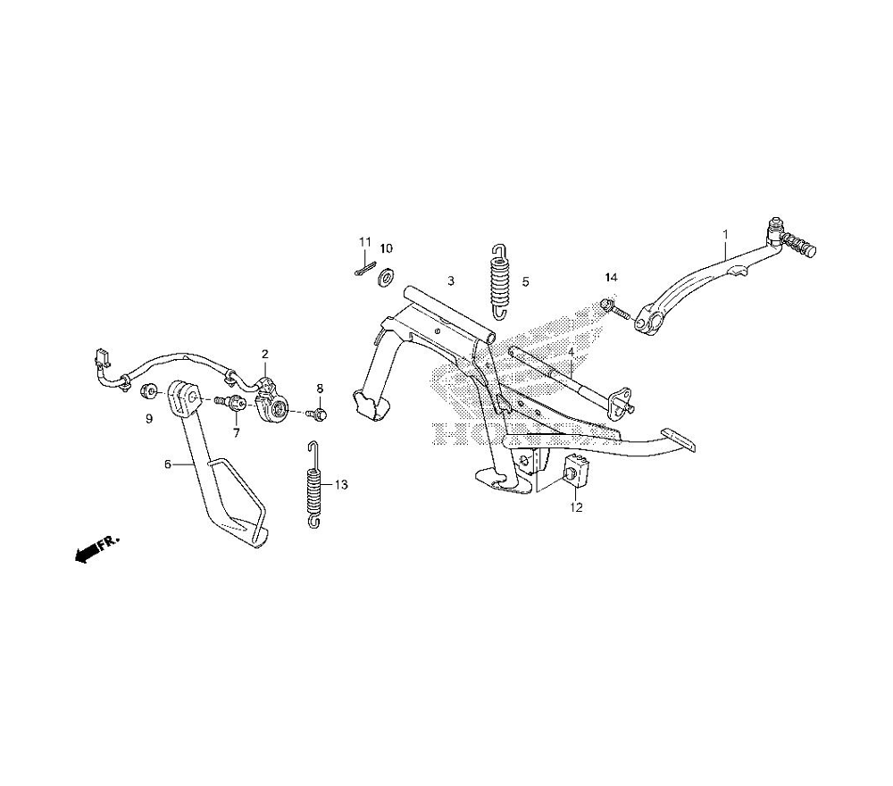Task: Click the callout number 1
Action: click(725, 234)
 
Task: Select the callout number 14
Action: click(611, 280)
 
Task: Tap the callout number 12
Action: click(576, 508)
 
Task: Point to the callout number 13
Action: click(341, 485)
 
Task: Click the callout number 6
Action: click(166, 464)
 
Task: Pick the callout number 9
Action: click(149, 418)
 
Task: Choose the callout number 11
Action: click(364, 242)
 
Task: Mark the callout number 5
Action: click(525, 281)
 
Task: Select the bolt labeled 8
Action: click(318, 414)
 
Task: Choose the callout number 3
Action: click(451, 280)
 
